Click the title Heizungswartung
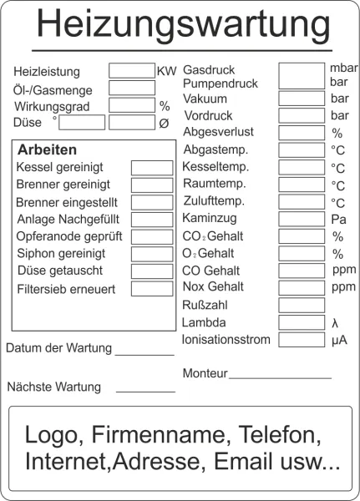point(183,25)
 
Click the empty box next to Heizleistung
point(131,71)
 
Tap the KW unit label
point(166,72)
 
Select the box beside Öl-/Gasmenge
point(131,88)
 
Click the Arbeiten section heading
point(47,150)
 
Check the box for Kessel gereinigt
point(152,168)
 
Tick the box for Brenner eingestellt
point(152,202)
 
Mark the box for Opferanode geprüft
point(152,236)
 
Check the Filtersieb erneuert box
point(152,289)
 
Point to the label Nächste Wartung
point(53,387)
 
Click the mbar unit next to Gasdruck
point(343,68)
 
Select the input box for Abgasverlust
point(302,133)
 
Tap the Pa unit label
point(337,220)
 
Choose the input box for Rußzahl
point(302,306)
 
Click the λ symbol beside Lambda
point(335,323)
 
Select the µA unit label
point(339,340)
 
